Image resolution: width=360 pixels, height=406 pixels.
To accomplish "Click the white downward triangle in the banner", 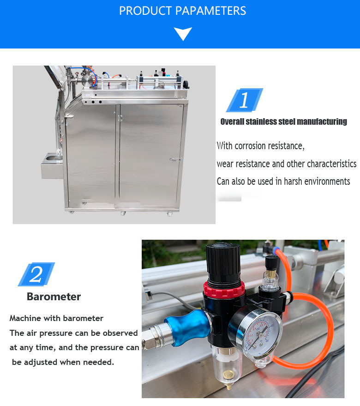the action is click(183, 33).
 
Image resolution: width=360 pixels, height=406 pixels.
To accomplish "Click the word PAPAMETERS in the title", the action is click(210, 11).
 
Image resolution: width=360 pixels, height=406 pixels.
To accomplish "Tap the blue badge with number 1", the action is click(245, 100).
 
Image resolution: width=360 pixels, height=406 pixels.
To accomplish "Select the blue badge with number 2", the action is click(36, 274).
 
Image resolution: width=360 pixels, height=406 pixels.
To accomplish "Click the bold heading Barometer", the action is click(54, 297).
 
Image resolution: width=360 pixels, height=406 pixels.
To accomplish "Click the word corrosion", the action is click(250, 146).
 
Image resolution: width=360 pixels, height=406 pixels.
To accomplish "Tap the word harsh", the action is click(293, 181).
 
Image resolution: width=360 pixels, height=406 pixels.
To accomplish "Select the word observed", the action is click(120, 333).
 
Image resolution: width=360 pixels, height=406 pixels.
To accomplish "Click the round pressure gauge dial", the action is click(259, 332).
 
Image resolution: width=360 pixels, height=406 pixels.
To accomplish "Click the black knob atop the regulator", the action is click(223, 262).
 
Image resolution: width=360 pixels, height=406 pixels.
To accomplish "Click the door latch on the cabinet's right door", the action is click(176, 159).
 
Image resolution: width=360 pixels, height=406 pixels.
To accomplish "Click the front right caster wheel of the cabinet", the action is click(169, 214).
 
